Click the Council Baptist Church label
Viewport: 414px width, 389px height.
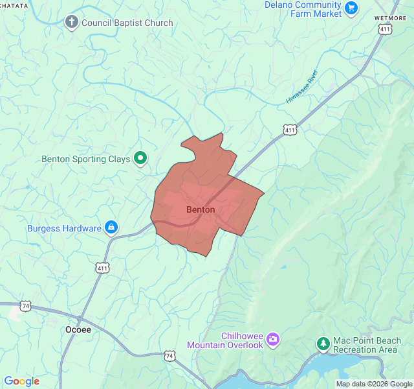pyautogui.click(x=127, y=23)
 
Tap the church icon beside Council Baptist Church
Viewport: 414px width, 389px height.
pyautogui.click(x=71, y=23)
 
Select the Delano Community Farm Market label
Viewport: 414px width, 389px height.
pyautogui.click(x=303, y=9)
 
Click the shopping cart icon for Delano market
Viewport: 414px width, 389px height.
pyautogui.click(x=351, y=8)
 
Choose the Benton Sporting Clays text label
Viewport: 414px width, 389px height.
pyautogui.click(x=85, y=158)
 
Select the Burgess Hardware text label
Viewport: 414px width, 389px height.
pyautogui.click(x=64, y=228)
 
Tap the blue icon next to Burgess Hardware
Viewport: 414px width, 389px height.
pyautogui.click(x=111, y=228)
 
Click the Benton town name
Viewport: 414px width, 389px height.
pyautogui.click(x=201, y=210)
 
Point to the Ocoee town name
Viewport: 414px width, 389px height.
pyautogui.click(x=78, y=329)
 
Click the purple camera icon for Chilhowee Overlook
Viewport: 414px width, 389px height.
pyautogui.click(x=273, y=338)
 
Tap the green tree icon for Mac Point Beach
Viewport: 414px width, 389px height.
pyautogui.click(x=323, y=343)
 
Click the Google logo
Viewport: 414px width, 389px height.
pyautogui.click(x=21, y=381)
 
